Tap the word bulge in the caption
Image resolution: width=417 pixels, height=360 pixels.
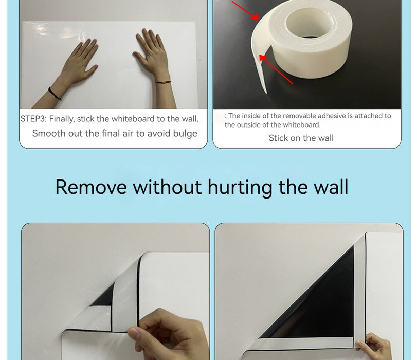[185, 134]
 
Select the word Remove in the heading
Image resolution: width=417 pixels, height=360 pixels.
[91, 187]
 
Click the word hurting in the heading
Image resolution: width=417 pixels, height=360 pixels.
[240, 188]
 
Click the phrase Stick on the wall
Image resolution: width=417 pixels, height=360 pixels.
[301, 138]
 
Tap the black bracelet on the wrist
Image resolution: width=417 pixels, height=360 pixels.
[55, 94]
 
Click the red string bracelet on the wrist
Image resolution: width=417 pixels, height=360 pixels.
[163, 82]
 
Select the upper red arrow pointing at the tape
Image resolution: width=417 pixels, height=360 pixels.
[245, 10]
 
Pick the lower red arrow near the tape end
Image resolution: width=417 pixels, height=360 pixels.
[276, 69]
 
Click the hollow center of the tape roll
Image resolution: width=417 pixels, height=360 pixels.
[310, 23]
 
